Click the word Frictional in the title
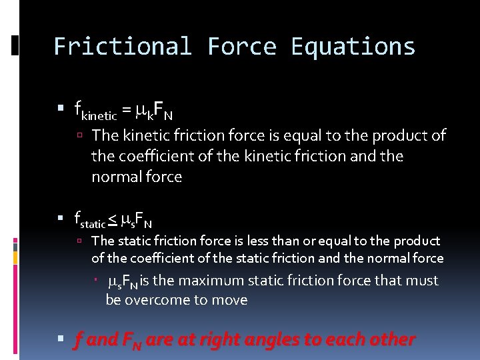coord(122,47)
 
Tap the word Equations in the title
coord(353,47)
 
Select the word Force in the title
coord(241,47)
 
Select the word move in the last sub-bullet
coord(230,300)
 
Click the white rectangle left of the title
coord(15,45)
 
